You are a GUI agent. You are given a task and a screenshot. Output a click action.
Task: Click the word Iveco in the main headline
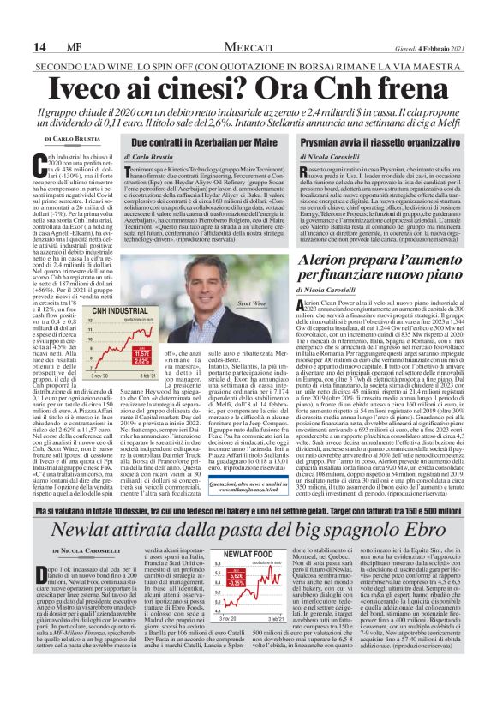tap(105, 87)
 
